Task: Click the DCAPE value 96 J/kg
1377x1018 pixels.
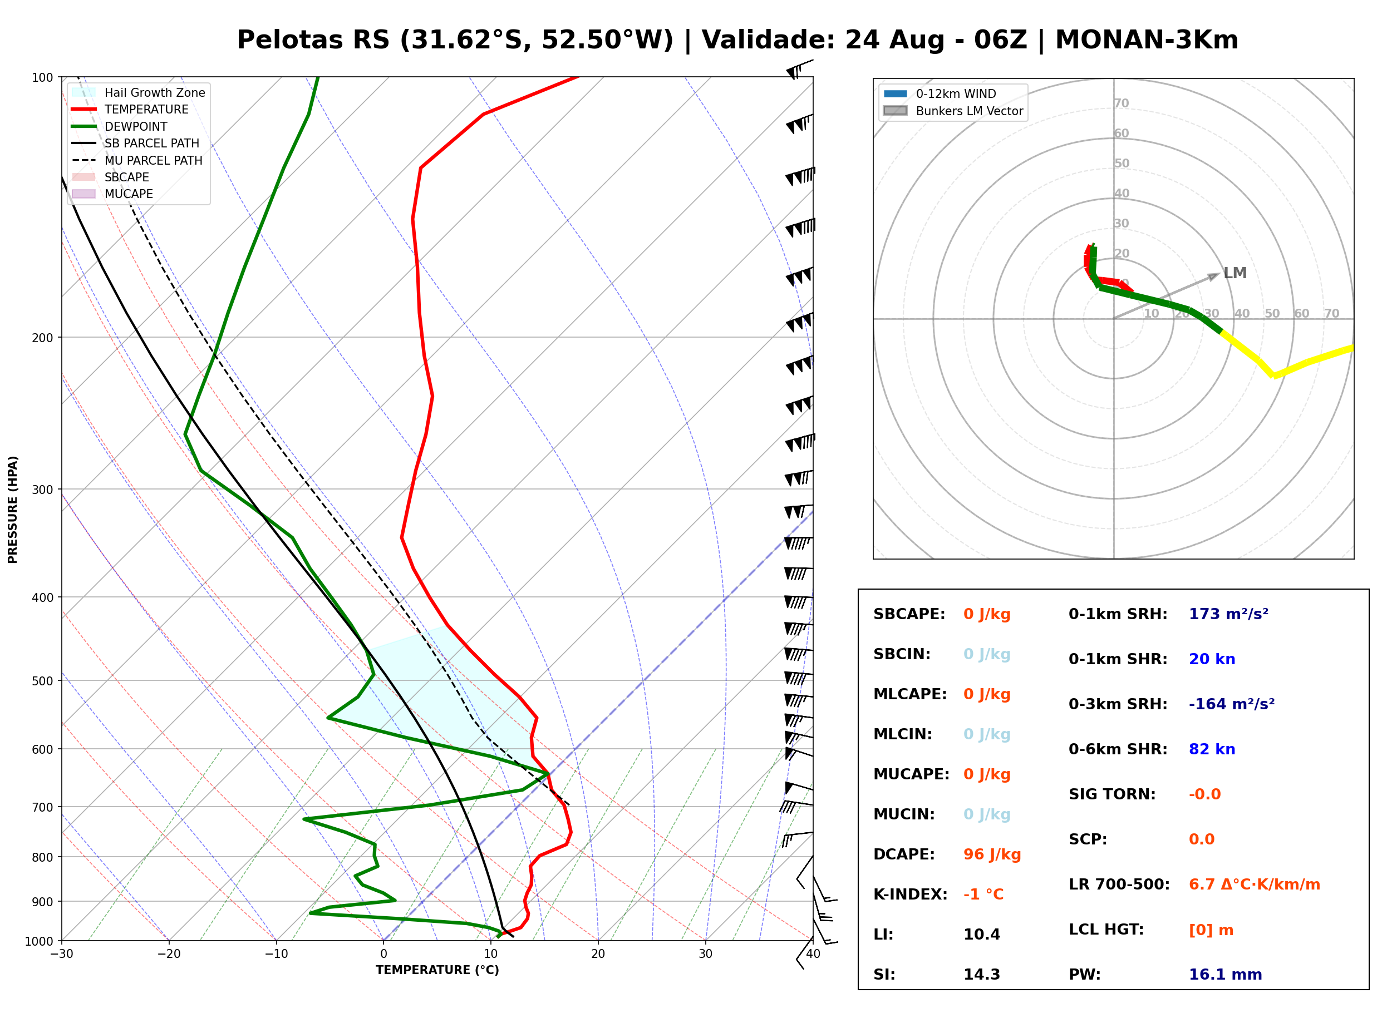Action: coord(992,854)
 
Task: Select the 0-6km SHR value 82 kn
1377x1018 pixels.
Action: coord(1212,749)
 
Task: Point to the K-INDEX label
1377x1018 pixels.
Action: coord(910,894)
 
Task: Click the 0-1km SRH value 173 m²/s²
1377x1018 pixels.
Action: coord(1228,614)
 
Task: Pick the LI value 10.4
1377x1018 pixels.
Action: coord(982,934)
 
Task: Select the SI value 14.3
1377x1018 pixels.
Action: coord(982,974)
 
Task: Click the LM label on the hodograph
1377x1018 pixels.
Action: coord(1235,273)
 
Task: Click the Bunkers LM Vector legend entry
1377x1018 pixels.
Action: coord(953,111)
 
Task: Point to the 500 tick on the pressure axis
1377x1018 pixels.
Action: coord(42,681)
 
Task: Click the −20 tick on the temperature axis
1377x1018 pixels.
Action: coord(168,954)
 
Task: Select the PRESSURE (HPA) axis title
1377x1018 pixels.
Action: coord(13,509)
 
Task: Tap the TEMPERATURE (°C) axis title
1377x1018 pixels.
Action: coord(437,970)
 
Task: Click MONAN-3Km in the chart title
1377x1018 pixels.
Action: coord(1146,40)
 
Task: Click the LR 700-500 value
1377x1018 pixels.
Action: coord(1254,884)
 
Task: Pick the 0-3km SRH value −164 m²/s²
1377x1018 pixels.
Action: coord(1232,704)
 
